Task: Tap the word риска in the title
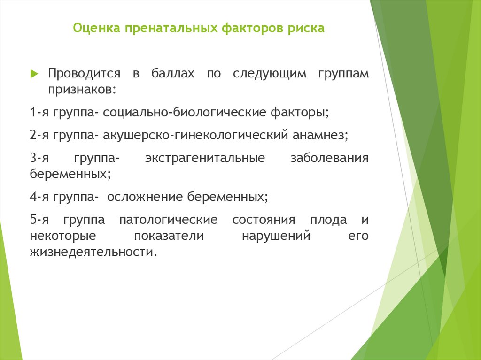[307, 29]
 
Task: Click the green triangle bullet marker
[34, 74]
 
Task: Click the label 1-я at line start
[39, 113]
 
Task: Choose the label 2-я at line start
[39, 135]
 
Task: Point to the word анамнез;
[321, 135]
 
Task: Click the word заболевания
[330, 158]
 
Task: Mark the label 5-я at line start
[39, 220]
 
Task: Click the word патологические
[168, 220]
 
